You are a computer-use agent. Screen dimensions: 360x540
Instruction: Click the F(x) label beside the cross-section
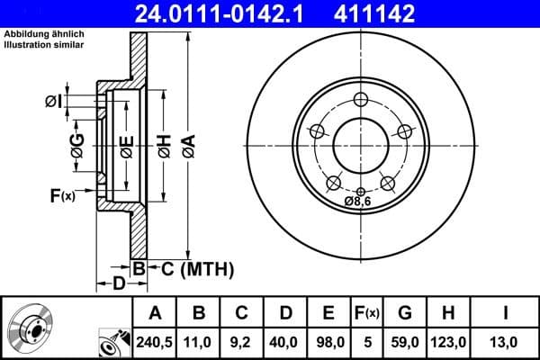point(62,194)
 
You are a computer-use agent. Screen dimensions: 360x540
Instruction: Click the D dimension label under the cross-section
point(119,285)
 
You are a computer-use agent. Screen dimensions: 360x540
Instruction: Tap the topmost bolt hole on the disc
point(360,99)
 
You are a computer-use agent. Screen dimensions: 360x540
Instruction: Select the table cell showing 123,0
point(447,342)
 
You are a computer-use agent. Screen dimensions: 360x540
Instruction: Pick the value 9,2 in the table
point(242,342)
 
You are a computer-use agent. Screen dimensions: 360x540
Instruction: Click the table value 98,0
point(328,342)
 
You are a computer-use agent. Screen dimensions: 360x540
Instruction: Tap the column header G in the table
point(404,313)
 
